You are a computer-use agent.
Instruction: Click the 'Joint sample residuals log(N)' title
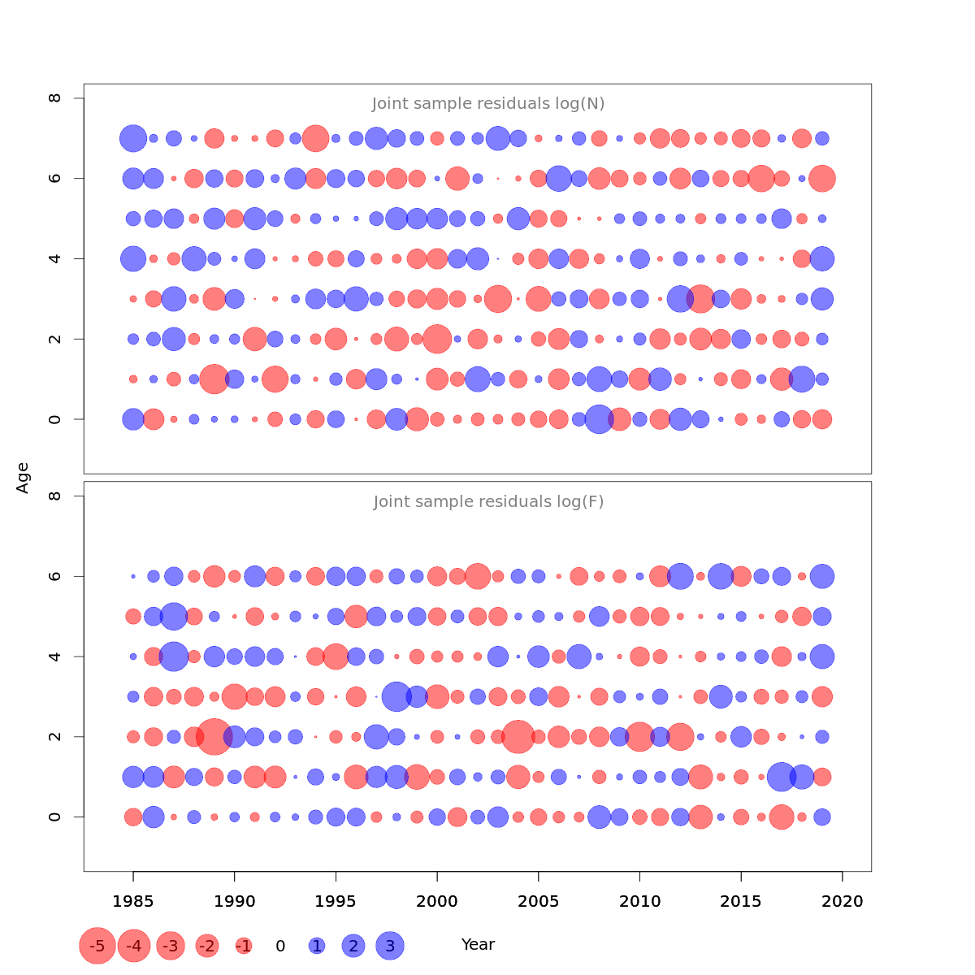488,104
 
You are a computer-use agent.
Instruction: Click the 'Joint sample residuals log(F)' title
488,502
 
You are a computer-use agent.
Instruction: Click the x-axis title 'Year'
478,944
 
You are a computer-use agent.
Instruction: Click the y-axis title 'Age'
23,478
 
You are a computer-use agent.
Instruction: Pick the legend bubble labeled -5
97,946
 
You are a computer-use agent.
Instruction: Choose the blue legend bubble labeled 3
390,946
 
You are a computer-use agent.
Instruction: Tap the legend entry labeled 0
280,946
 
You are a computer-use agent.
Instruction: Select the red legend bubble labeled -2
207,946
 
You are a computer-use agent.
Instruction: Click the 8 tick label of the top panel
55,98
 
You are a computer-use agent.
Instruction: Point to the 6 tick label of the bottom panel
55,576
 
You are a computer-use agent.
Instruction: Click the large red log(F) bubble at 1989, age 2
214,737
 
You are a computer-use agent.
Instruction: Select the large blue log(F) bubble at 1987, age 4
173,656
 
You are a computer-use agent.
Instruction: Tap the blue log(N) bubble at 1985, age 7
133,138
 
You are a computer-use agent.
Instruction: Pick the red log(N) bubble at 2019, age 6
822,178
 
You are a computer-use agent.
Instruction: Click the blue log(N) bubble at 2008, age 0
599,419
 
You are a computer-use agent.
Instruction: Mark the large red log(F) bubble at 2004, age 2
518,737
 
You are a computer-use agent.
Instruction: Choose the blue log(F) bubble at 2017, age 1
782,777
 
